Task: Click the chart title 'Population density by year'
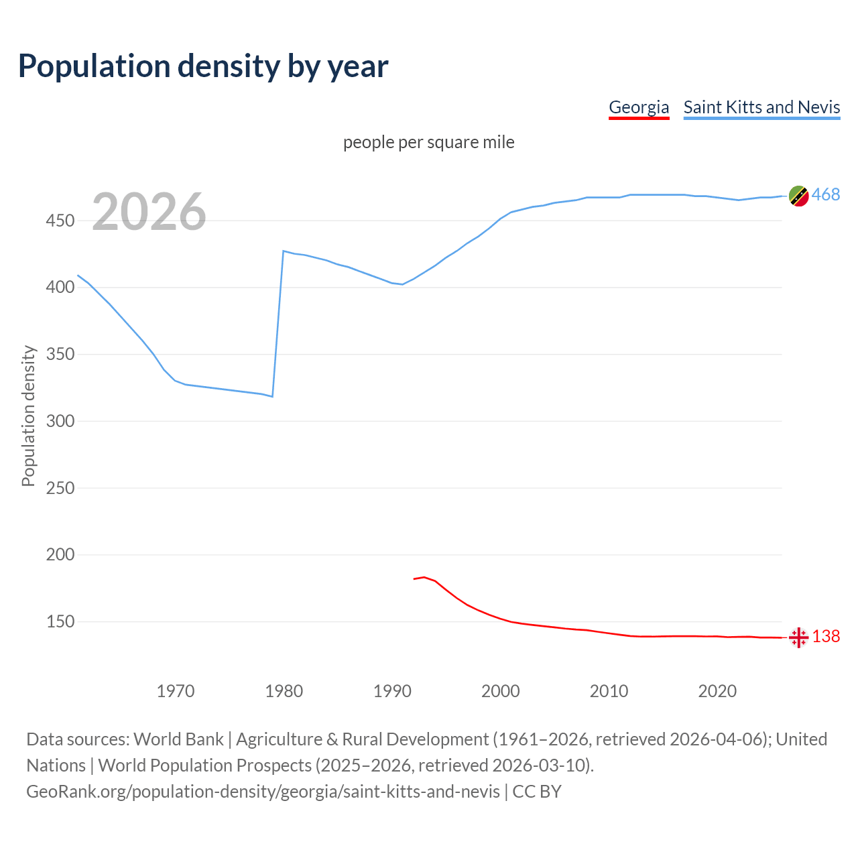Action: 203,66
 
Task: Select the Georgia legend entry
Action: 638,107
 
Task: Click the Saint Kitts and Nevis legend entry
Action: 761,107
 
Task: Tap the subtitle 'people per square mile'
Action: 428,142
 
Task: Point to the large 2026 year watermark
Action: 149,212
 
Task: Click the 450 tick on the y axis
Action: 60,221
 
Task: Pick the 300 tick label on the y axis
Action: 60,421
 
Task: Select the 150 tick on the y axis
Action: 60,621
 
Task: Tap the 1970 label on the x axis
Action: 176,691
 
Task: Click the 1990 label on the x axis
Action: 392,691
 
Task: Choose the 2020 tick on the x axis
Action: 717,691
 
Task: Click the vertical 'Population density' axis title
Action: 28,416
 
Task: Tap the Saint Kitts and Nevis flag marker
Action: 798,196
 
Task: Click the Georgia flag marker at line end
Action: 798,637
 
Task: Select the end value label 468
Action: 826,195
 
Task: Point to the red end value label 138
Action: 826,636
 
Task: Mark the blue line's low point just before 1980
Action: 272,396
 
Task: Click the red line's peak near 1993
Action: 424,577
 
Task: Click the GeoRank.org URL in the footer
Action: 263,792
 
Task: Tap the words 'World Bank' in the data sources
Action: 178,739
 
